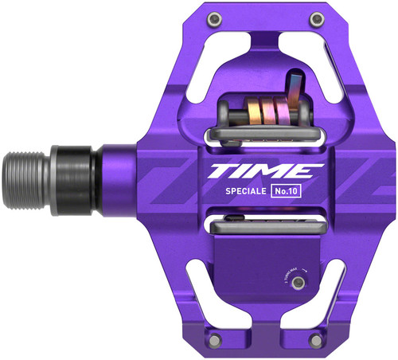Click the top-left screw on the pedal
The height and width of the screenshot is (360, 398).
213,18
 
